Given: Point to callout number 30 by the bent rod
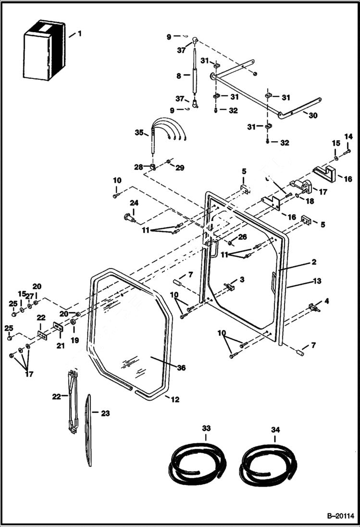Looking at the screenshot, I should click(313, 115).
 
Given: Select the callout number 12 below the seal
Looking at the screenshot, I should click(174, 399).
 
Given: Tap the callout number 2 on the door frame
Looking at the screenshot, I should click(313, 262).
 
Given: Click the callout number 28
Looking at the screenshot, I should click(138, 167).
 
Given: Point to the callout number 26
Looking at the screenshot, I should click(242, 236).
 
